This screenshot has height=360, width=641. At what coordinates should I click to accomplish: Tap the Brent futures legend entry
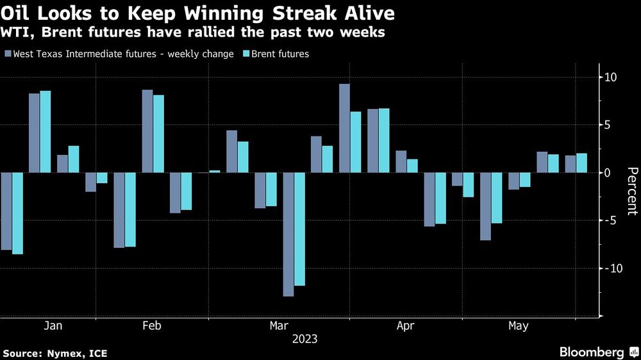(x=280, y=54)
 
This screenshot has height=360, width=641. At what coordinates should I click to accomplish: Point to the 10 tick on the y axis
(x=609, y=78)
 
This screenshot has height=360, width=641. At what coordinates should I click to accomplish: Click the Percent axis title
(x=631, y=191)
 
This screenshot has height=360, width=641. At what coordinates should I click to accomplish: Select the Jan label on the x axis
(x=53, y=327)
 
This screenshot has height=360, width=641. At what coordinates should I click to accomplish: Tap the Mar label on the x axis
(x=279, y=327)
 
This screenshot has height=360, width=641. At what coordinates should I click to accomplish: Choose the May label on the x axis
(x=518, y=327)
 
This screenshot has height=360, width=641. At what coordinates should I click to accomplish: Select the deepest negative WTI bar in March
(x=288, y=234)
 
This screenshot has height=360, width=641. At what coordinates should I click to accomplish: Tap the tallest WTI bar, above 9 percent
(x=345, y=128)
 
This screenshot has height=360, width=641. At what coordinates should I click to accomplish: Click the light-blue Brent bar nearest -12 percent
(x=300, y=229)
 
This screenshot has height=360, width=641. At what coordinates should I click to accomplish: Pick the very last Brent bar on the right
(x=581, y=163)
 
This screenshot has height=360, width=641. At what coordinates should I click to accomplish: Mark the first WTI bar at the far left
(x=6, y=211)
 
